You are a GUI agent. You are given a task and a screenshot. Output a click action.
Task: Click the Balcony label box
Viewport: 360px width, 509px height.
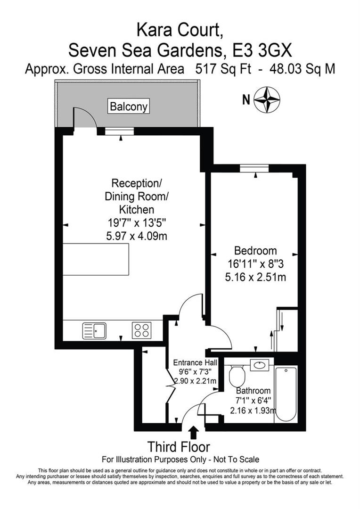point(129,107)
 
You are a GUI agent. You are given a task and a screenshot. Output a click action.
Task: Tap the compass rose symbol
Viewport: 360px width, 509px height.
point(267,99)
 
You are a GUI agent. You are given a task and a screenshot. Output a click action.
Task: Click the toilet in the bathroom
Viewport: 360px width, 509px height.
point(236,376)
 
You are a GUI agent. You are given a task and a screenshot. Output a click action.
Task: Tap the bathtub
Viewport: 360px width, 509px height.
point(286,394)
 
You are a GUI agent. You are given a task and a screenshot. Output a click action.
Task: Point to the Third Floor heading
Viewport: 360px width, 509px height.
point(179,446)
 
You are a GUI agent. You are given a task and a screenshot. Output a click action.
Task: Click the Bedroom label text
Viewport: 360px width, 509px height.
point(256,251)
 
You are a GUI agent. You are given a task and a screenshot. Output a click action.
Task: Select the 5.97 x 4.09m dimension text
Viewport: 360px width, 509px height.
point(136,236)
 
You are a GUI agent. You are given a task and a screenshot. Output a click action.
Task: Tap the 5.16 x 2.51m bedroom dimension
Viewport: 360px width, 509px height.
point(256,277)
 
